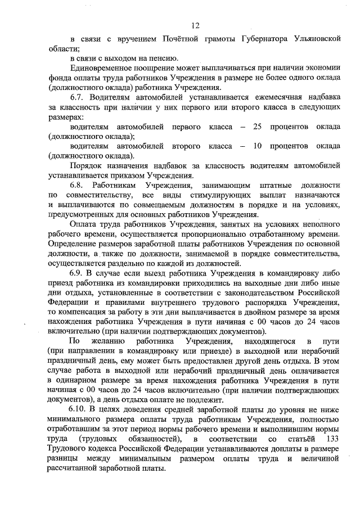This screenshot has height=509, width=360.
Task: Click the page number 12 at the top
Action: [x=195, y=25]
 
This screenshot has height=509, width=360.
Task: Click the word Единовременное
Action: [x=102, y=69]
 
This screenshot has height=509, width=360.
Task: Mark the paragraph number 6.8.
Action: [x=77, y=184]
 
